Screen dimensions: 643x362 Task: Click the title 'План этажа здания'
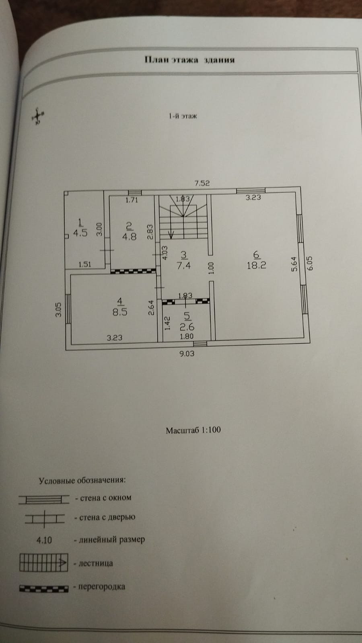(189, 60)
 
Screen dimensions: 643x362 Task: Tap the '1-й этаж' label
(183, 117)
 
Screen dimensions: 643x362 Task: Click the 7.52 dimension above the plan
(202, 183)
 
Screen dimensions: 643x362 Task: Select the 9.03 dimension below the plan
(187, 354)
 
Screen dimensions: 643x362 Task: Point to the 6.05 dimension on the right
(310, 264)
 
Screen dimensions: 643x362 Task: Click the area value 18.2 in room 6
(257, 265)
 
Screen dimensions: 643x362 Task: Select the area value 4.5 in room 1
(80, 233)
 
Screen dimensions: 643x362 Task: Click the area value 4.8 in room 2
(129, 236)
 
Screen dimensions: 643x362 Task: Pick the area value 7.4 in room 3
(183, 265)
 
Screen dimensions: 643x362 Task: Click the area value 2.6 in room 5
(187, 326)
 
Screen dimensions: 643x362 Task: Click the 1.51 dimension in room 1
(85, 264)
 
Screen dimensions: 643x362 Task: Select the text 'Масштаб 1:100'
(193, 430)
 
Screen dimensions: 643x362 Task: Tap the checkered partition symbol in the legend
(43, 588)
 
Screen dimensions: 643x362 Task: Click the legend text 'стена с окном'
(106, 498)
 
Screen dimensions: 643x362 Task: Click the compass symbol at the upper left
(38, 116)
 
